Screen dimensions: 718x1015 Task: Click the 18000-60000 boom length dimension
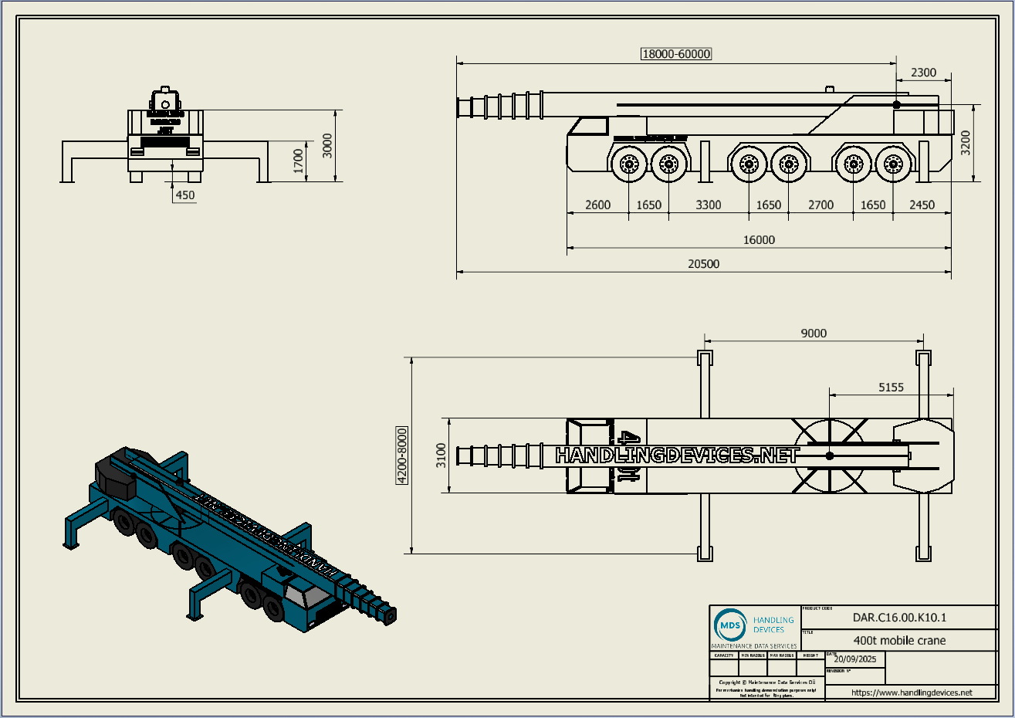[x=676, y=54]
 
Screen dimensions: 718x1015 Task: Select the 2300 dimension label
[x=923, y=73]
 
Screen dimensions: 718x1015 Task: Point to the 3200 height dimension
[x=966, y=143]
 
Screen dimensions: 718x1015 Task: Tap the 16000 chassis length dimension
[x=759, y=240]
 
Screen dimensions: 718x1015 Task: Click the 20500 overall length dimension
[x=703, y=264]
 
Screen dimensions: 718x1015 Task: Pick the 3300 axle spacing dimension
[x=708, y=205]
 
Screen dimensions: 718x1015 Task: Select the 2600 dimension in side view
[x=597, y=205]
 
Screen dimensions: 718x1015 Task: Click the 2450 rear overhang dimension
[x=922, y=205]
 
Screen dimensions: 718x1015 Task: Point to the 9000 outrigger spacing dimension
[x=814, y=334]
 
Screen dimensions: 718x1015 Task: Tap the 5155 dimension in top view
[x=891, y=388]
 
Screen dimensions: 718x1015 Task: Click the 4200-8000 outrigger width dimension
[x=401, y=456]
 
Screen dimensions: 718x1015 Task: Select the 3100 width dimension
[x=442, y=456]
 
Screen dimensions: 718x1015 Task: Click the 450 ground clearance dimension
[x=185, y=195]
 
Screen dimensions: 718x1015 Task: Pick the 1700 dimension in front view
[x=299, y=161]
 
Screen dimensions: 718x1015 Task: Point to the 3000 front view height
[x=327, y=146]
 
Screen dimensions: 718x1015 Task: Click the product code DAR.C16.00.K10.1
[x=899, y=618]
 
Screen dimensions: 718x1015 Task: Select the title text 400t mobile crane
[x=899, y=640]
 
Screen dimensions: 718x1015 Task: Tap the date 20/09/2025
[x=855, y=659]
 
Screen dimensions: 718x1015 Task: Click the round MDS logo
[x=730, y=625]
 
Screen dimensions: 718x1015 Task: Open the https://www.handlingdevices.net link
[x=912, y=693]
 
